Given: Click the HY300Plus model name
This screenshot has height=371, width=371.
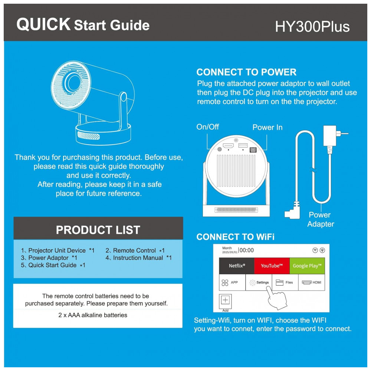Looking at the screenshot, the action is [x=312, y=26].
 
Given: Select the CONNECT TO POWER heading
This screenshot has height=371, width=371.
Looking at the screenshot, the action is [x=246, y=72].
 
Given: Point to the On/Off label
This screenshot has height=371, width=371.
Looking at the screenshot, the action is [x=207, y=127].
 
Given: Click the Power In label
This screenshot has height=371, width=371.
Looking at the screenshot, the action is [x=267, y=127].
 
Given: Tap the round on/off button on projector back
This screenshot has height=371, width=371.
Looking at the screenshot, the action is [x=220, y=149].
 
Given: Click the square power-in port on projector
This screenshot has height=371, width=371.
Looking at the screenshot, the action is [x=253, y=150].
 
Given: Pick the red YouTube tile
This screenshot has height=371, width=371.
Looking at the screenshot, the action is [x=272, y=266].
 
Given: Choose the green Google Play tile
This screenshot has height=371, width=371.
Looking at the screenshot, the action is [x=307, y=266].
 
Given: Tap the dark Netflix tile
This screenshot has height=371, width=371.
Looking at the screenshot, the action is [x=237, y=266].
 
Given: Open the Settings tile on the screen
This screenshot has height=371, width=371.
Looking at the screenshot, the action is [x=259, y=282].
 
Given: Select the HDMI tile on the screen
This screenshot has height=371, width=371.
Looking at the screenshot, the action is [x=312, y=282].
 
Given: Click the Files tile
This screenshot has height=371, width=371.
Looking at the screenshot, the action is [x=285, y=282].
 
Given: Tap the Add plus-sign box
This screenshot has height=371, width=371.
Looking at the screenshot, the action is [x=225, y=301].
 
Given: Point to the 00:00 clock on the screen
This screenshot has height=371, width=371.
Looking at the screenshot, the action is [x=247, y=250].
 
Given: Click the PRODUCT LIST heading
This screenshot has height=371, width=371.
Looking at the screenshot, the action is [x=98, y=230].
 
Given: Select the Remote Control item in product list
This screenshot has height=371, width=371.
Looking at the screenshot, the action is [x=135, y=250].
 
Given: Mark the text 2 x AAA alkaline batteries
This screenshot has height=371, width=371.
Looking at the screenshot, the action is [x=93, y=315].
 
